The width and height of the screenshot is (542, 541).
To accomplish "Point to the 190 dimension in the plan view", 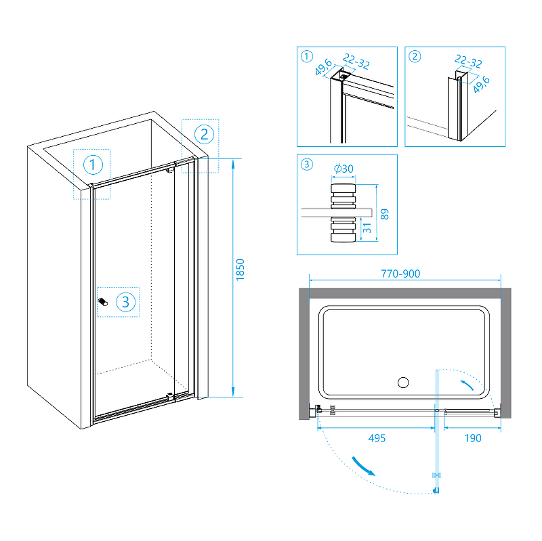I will (x=472, y=438).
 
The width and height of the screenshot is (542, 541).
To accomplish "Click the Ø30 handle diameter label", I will (x=344, y=169).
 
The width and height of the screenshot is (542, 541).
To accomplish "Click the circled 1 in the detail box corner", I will (x=306, y=56).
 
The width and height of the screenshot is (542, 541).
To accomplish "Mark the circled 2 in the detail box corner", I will (x=415, y=56).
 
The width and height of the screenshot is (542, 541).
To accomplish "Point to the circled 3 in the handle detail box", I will (x=306, y=164).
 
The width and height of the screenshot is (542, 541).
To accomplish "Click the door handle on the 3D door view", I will (x=103, y=303).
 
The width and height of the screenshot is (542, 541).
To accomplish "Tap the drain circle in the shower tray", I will (x=404, y=383).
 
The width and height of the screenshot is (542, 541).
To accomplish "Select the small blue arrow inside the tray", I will (x=467, y=387).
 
